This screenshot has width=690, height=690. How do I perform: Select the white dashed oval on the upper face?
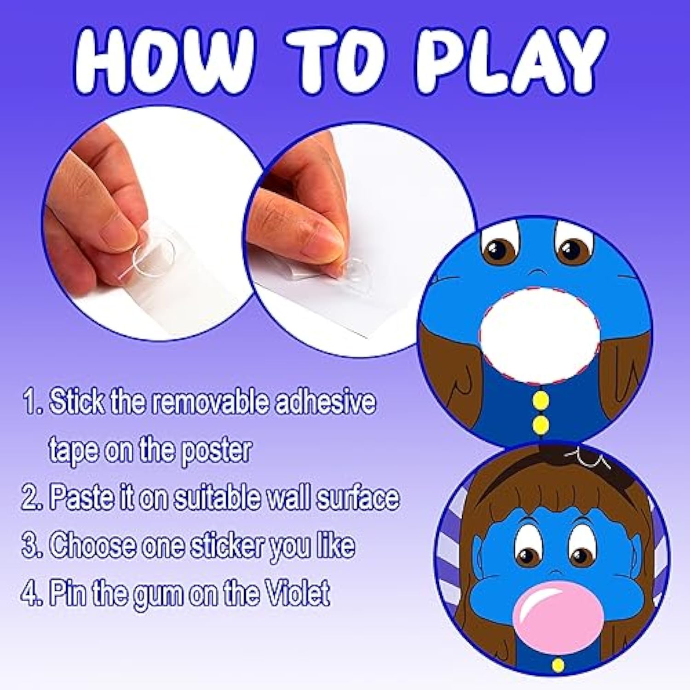(x=539, y=336)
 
